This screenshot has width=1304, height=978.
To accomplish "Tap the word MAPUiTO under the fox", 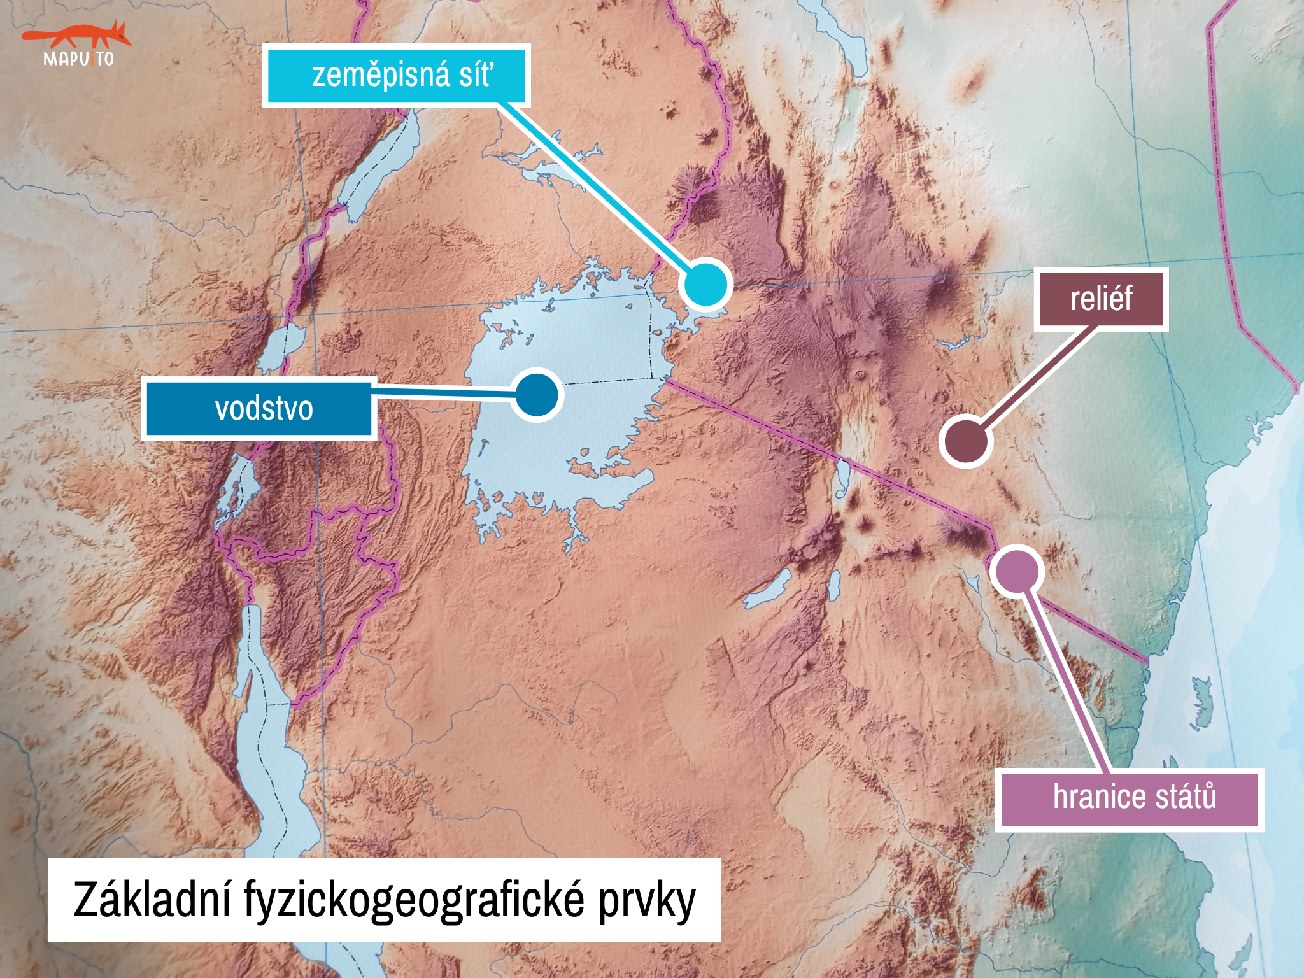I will tap(78, 59).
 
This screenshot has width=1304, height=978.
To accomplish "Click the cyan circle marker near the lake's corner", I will tap(705, 285).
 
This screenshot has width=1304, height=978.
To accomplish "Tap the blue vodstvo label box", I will tap(259, 409).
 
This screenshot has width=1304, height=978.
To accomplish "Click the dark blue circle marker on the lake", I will tap(537, 395).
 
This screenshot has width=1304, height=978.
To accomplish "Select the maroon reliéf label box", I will tap(1101, 299).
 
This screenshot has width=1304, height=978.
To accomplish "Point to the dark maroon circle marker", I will tap(965, 441).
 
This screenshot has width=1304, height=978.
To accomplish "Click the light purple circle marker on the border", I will tap(1016, 570).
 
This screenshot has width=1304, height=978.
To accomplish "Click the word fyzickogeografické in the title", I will tap(414, 900).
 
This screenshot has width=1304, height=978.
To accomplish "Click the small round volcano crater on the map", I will tap(861, 374).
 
